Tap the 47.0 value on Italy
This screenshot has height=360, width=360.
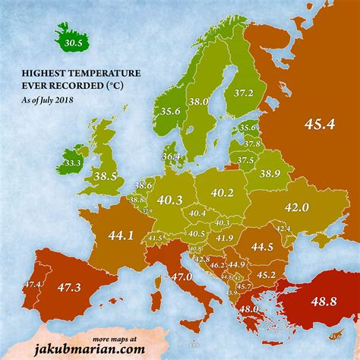click(181, 277)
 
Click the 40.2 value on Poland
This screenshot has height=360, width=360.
click(222, 193)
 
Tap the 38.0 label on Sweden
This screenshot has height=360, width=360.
click(199, 101)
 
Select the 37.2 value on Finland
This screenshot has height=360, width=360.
click(245, 92)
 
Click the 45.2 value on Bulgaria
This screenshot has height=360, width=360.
click(266, 274)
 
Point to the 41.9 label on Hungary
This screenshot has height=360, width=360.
click(225, 238)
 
